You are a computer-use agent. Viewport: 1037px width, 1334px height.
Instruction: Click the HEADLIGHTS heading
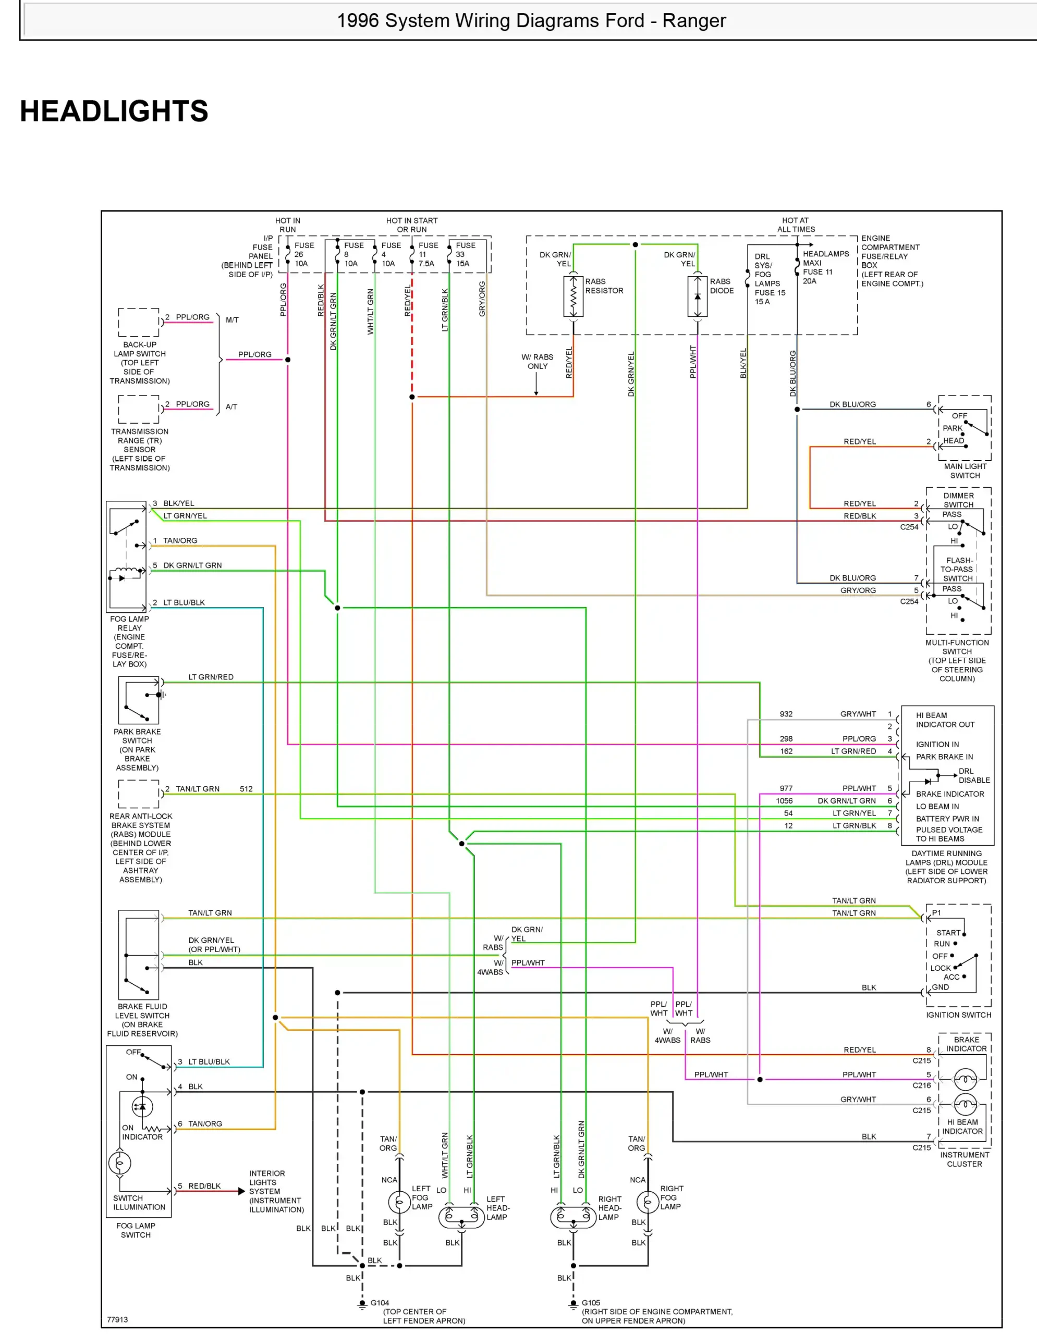(x=114, y=111)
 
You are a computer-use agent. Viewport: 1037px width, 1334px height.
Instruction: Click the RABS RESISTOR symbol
(x=572, y=296)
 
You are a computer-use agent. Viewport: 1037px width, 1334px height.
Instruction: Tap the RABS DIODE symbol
(x=697, y=296)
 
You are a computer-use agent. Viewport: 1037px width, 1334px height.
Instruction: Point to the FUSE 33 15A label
(x=465, y=255)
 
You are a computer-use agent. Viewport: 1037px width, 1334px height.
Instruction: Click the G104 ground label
(x=380, y=1303)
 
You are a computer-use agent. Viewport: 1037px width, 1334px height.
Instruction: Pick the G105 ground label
(x=590, y=1303)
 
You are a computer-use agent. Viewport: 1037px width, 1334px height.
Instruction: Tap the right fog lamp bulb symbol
(x=647, y=1202)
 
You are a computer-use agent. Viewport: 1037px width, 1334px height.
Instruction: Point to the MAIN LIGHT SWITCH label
(x=965, y=471)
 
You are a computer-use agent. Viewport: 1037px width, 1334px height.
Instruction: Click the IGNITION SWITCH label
(x=958, y=1015)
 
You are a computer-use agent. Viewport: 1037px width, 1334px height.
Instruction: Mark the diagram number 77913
(x=117, y=1319)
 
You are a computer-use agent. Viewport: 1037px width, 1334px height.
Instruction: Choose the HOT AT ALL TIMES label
(x=796, y=225)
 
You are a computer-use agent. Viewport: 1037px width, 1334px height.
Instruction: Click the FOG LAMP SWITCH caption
(x=136, y=1230)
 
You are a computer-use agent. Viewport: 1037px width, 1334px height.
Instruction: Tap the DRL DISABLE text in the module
(x=973, y=776)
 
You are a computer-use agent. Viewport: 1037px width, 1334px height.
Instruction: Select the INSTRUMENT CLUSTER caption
(x=965, y=1159)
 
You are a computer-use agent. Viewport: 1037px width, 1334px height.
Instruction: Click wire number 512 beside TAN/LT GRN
(x=246, y=788)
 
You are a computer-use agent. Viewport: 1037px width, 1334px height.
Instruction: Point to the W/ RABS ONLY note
(x=537, y=362)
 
